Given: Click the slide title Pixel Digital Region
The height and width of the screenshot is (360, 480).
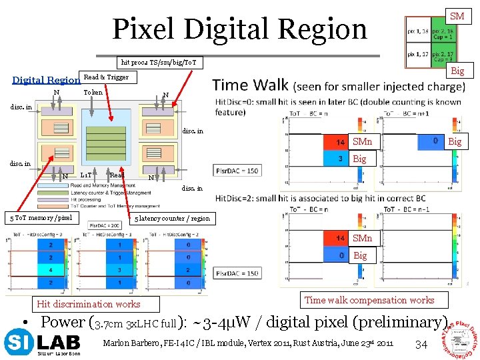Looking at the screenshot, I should click(239, 29).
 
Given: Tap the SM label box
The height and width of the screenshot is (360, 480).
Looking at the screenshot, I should click(457, 16).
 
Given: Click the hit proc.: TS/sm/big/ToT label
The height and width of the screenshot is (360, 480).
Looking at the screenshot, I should click(158, 62).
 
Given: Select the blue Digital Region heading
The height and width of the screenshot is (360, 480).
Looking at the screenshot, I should click(46, 80).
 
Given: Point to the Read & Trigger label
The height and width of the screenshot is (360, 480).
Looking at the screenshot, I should click(106, 77).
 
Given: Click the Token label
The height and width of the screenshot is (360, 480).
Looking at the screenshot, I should click(93, 92).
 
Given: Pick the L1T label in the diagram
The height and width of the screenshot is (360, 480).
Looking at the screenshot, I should click(86, 175).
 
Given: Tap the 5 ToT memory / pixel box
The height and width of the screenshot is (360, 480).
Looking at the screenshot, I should click(41, 217).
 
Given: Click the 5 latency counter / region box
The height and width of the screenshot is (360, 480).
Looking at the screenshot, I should click(172, 218).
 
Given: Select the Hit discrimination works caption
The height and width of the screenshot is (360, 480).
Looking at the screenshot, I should click(89, 304).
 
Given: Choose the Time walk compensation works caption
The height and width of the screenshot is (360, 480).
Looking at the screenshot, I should click(369, 300).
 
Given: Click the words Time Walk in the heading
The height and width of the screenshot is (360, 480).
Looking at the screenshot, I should click(250, 85).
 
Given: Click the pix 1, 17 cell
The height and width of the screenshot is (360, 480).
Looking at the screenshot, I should click(417, 54).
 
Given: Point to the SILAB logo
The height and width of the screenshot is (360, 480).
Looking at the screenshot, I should click(42, 343).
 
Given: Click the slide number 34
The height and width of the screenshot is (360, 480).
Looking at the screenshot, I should click(420, 344).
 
